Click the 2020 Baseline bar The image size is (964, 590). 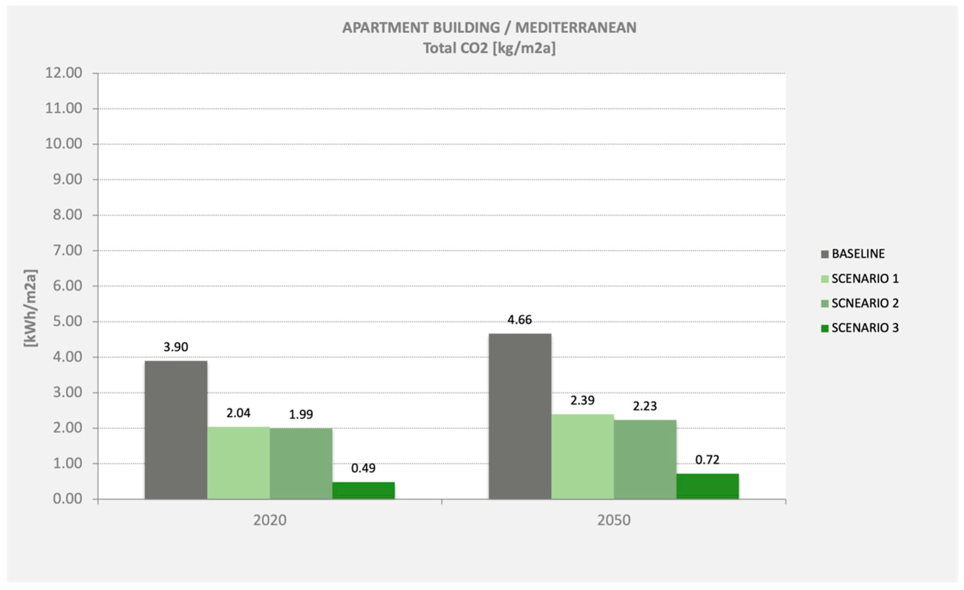coord(176,430)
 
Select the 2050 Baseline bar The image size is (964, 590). coord(519,416)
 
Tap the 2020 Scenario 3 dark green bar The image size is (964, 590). coord(363,490)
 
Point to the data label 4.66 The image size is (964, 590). coord(519,320)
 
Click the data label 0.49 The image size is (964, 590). coord(363,468)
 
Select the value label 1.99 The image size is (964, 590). coord(301,414)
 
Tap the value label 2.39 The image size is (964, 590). coord(582,400)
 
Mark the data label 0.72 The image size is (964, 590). coord(707,460)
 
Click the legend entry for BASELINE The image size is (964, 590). coord(858,254)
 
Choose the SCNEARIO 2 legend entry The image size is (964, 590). coord(865,303)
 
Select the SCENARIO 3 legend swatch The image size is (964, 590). coord(825,328)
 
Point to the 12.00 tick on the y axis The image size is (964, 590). coord(64,73)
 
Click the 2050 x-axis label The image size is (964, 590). coord(614,520)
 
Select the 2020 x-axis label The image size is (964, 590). coord(270,520)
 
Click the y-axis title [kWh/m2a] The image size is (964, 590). coord(31,308)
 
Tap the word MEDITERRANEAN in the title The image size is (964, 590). coord(575,27)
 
